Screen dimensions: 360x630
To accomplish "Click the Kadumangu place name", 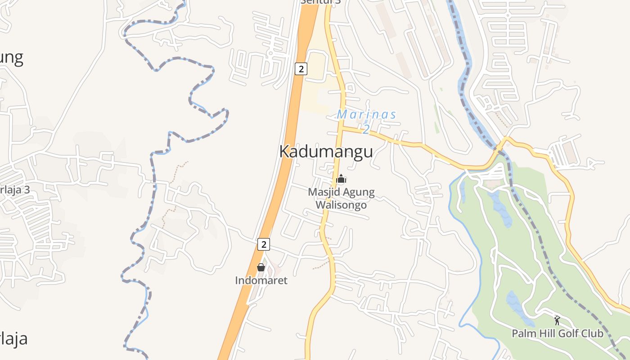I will (x=326, y=152).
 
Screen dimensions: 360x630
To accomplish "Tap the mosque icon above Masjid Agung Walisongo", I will (x=341, y=179).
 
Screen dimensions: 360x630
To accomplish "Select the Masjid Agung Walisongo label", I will (x=341, y=198).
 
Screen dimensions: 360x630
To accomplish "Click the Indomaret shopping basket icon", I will (x=261, y=267).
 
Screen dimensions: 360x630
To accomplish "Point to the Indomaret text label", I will (x=261, y=280).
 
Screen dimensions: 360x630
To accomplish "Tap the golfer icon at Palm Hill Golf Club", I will (x=557, y=320).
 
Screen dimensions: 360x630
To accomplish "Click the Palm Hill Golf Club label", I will (x=557, y=333).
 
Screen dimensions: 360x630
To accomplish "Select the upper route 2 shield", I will (x=301, y=69).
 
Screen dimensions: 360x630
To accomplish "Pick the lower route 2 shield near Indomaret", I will (x=264, y=244).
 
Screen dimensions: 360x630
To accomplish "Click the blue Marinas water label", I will (x=366, y=114).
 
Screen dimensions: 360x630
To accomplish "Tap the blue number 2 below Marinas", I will (x=366, y=130).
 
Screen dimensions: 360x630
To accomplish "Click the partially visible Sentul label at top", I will (x=320, y=2).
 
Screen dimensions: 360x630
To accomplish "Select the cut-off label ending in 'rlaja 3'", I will (x=14, y=189).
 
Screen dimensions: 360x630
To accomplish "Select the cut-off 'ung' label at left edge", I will (x=11, y=58).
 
